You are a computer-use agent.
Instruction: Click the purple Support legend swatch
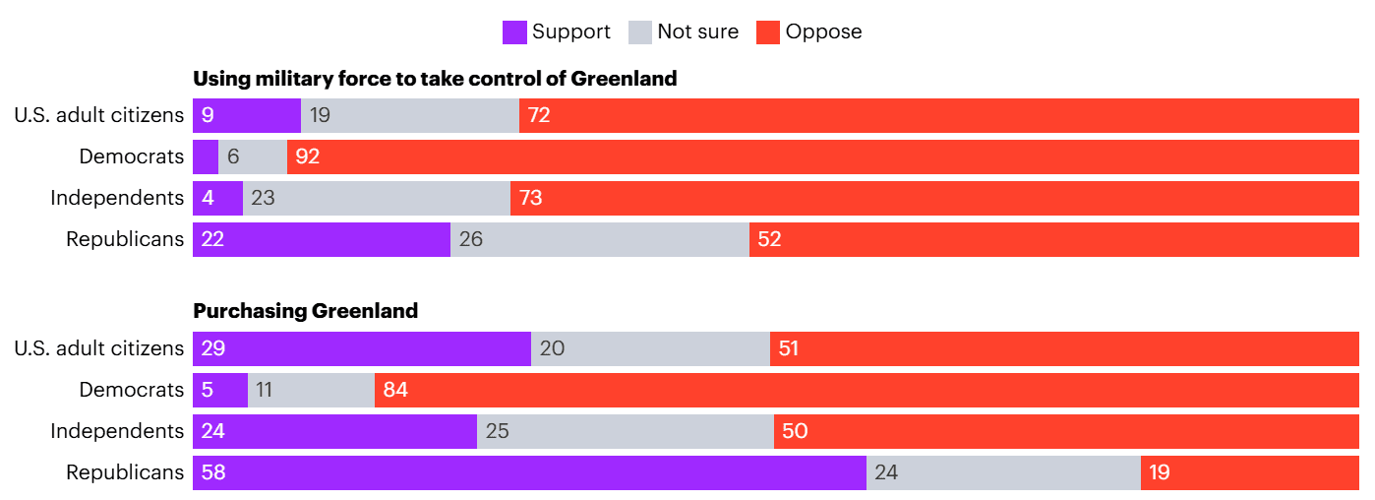(514, 31)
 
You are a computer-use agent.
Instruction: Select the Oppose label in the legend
(823, 31)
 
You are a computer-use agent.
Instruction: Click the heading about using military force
(435, 79)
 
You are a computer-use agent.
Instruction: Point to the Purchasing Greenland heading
(305, 311)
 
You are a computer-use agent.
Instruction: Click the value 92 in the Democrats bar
(308, 156)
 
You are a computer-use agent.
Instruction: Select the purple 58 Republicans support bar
(529, 472)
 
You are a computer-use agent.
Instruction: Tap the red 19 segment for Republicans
(1249, 472)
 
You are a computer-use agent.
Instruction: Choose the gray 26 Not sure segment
(600, 239)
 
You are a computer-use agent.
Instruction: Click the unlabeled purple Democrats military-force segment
(205, 156)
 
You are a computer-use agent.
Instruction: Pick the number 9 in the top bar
(208, 115)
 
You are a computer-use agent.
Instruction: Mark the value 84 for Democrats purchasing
(395, 390)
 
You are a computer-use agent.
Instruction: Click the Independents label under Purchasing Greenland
(117, 431)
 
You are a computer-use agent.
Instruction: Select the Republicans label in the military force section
(125, 239)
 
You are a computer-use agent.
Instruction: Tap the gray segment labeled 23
(377, 198)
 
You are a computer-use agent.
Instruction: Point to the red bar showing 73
(934, 198)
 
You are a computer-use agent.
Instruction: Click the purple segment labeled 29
(362, 348)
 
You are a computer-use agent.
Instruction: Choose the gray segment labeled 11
(311, 390)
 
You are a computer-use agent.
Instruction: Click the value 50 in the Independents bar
(795, 431)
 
